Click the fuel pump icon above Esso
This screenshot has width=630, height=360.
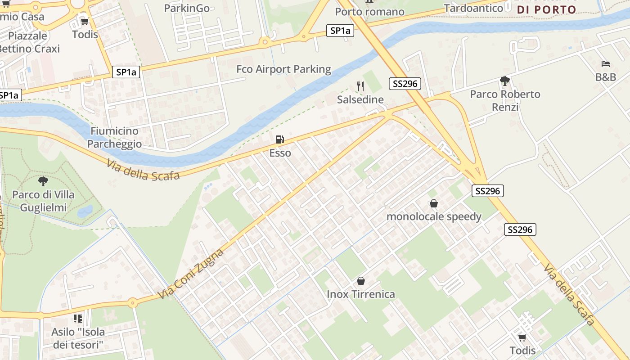(280, 139)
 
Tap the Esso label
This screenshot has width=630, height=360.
(280, 153)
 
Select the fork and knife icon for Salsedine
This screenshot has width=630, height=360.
(360, 86)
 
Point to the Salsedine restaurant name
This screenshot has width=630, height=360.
(360, 100)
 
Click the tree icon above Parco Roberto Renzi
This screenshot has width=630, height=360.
(505, 81)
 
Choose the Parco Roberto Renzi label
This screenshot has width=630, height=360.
(505, 100)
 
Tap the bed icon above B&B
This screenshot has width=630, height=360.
(606, 64)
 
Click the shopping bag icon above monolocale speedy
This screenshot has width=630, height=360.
(434, 203)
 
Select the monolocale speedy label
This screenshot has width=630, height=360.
(434, 216)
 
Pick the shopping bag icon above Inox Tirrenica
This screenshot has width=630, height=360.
(360, 281)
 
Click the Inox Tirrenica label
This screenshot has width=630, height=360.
(360, 294)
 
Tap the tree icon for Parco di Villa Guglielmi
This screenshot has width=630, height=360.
(43, 181)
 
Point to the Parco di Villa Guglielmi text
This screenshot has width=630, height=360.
(43, 201)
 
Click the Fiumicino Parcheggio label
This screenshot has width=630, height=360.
(114, 137)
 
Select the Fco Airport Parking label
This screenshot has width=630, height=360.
(283, 69)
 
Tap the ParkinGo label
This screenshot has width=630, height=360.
(187, 8)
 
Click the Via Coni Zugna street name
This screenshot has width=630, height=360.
(191, 274)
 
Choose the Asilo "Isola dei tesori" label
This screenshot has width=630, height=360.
(78, 338)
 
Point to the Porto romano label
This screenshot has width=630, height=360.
(369, 12)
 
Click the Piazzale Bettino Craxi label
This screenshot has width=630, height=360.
(28, 42)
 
